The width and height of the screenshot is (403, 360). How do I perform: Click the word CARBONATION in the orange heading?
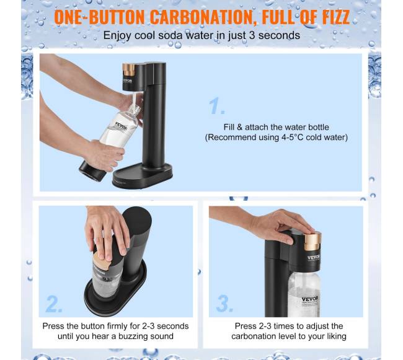tap(203, 17)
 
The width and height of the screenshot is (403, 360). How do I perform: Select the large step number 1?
tap(216, 105)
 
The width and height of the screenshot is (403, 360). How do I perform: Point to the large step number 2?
tap(54, 304)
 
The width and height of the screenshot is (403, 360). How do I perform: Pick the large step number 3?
tap(225, 303)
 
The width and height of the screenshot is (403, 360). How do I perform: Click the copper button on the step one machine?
tap(128, 69)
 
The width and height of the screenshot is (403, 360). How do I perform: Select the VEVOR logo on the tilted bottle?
tap(121, 126)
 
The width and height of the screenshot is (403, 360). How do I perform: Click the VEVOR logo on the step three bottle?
tap(310, 299)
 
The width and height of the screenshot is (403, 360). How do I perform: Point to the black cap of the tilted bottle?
tap(92, 172)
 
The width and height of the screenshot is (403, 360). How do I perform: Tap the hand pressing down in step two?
tap(107, 232)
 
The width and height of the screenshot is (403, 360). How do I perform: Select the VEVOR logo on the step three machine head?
tap(314, 257)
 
